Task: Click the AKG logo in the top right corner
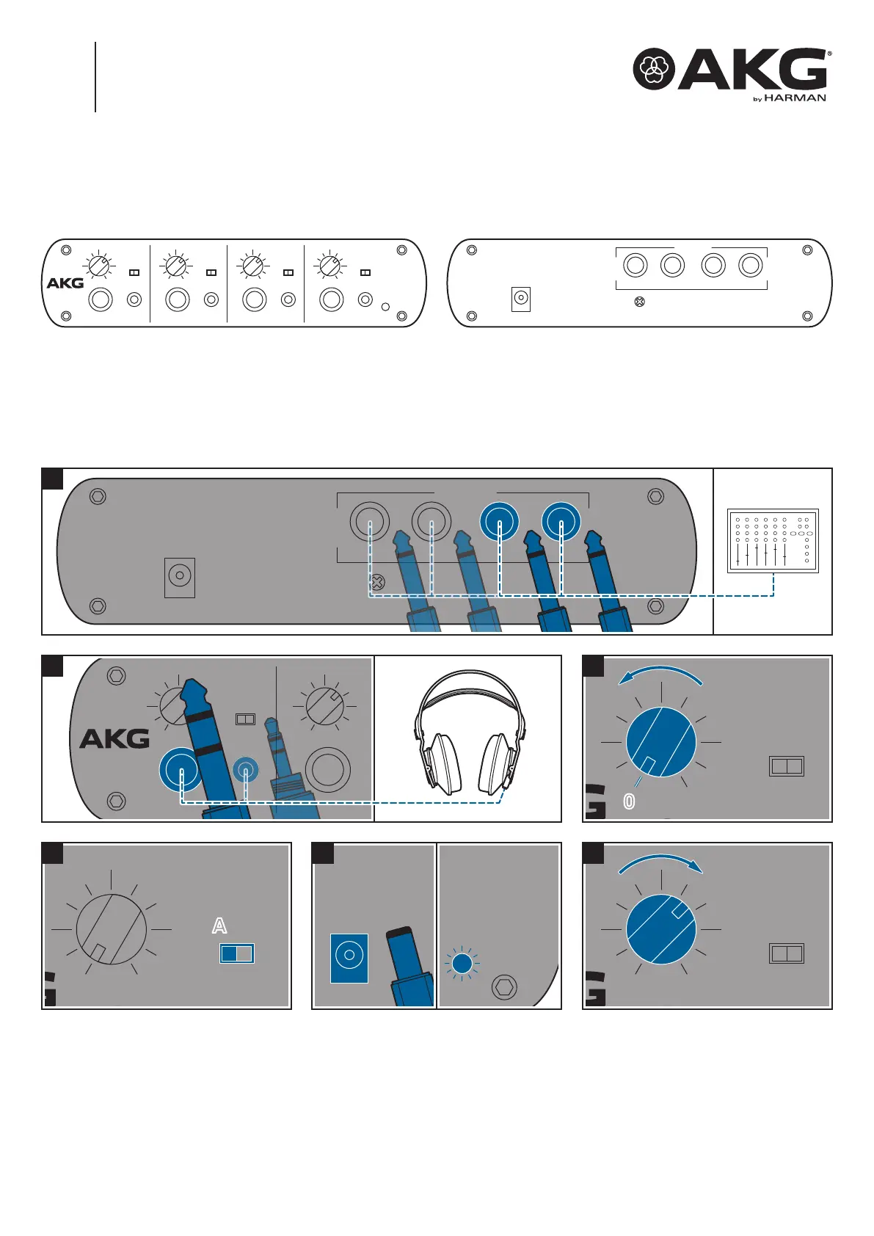(x=732, y=70)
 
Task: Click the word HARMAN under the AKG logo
(x=795, y=98)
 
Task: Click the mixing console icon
(x=773, y=541)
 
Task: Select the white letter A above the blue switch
(x=219, y=926)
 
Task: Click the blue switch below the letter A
(x=237, y=953)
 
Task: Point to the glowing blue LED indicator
(x=462, y=964)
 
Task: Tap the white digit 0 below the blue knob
(x=629, y=801)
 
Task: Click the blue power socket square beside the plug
(x=349, y=958)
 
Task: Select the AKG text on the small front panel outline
(x=65, y=283)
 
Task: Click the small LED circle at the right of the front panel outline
(x=386, y=307)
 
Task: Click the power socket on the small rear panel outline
(x=521, y=299)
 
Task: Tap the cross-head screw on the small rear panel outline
(x=639, y=302)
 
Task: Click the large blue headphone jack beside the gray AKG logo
(x=181, y=770)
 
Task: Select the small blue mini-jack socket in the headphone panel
(x=246, y=769)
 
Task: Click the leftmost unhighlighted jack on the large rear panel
(x=370, y=521)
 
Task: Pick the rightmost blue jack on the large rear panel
(x=561, y=521)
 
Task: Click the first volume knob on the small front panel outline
(x=99, y=266)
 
